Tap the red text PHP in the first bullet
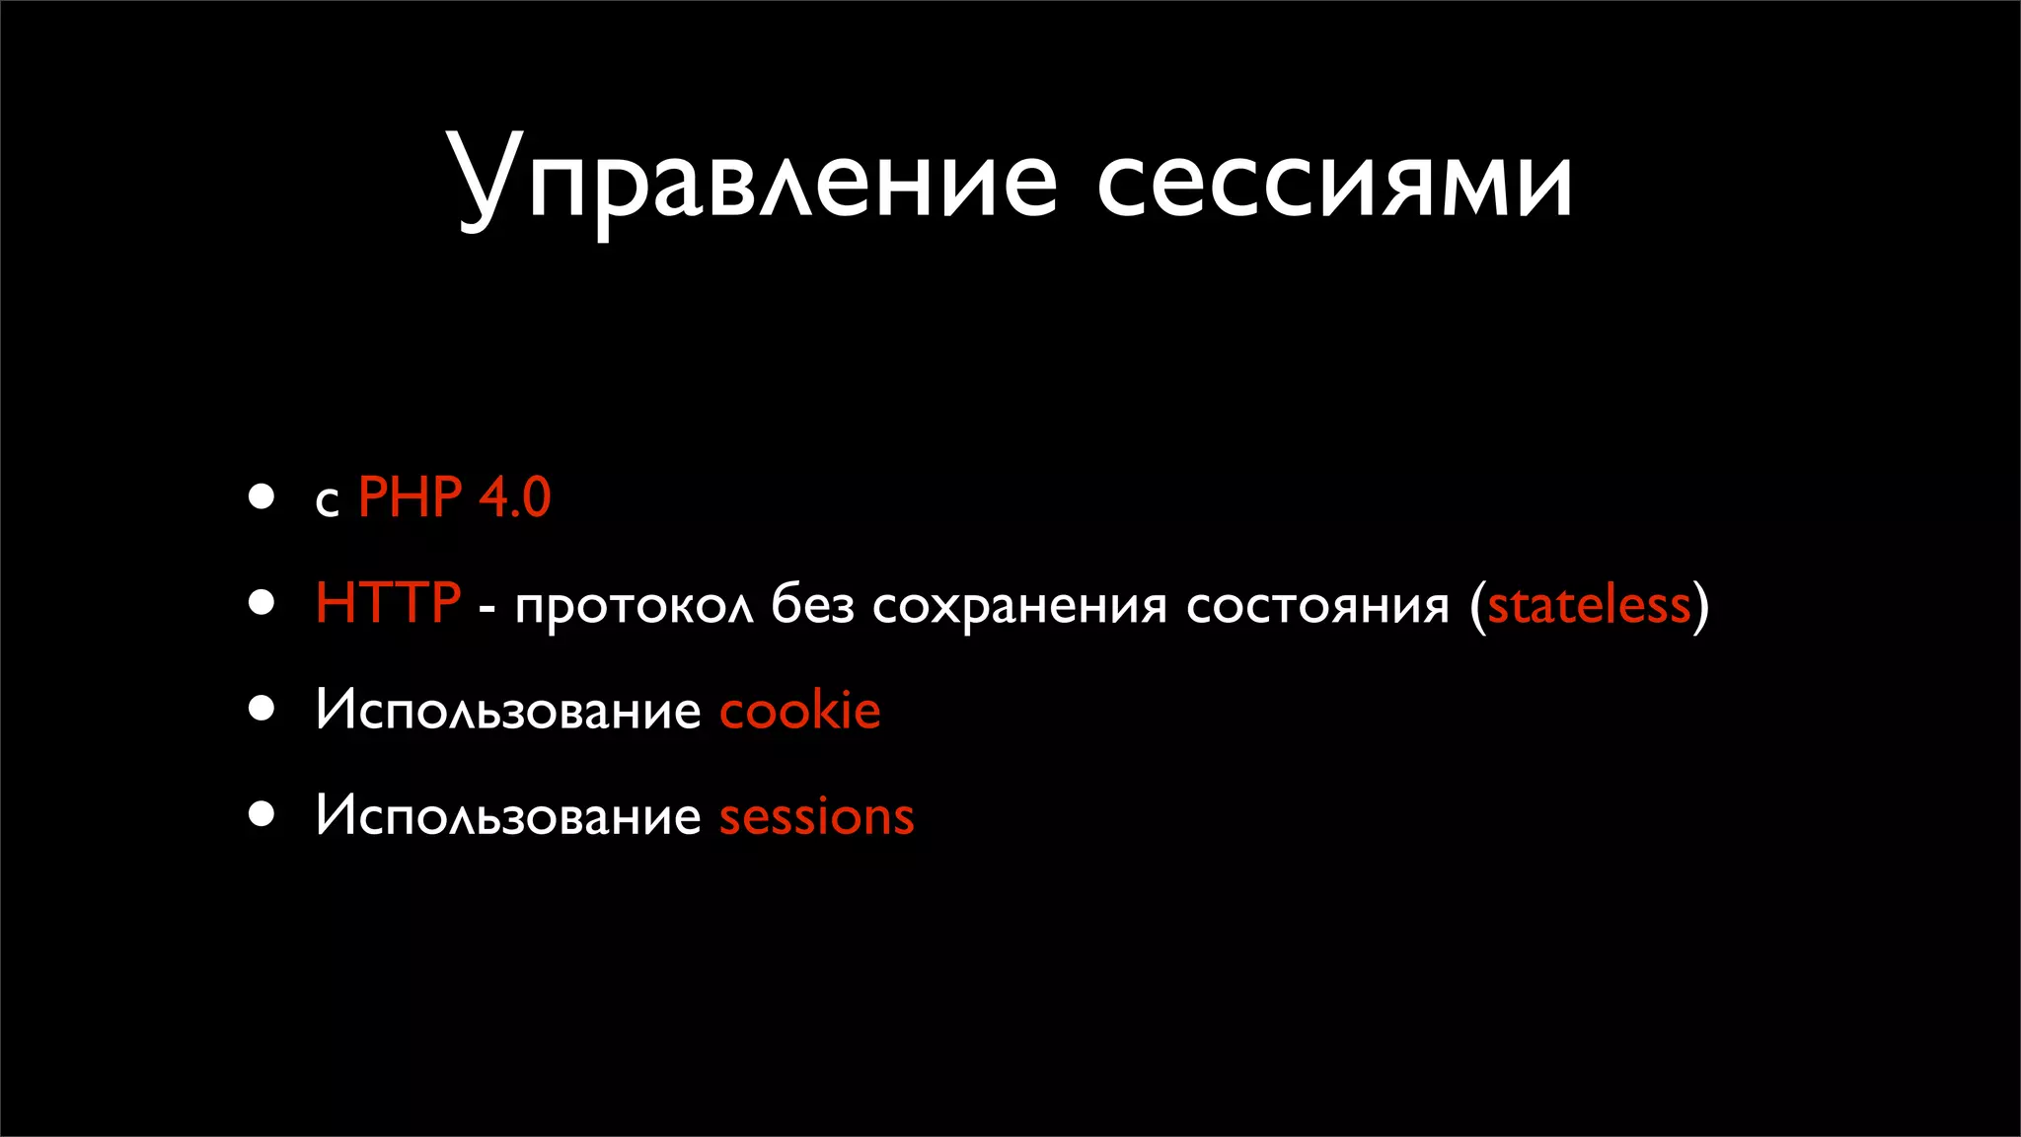[x=410, y=497]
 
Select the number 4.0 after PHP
[x=514, y=497]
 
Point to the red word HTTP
[x=388, y=603]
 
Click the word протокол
[x=635, y=606]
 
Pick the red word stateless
[x=1589, y=605]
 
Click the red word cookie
[x=799, y=711]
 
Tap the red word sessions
[x=816, y=818]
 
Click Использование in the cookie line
[x=508, y=711]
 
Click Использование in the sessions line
[x=508, y=817]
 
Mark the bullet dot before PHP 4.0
[x=262, y=496]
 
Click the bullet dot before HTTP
[x=262, y=603]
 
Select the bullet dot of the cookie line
[x=262, y=709]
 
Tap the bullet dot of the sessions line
[x=262, y=814]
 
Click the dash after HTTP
[x=487, y=609]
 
